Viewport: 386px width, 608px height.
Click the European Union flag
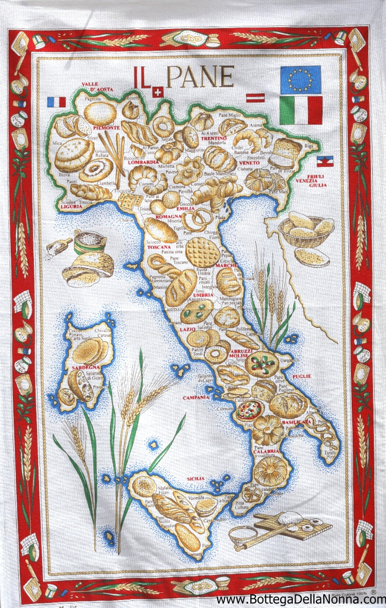click(300, 79)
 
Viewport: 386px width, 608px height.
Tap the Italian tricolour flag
click(301, 110)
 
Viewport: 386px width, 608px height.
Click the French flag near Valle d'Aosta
click(56, 102)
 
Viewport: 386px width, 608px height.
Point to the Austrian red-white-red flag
click(255, 98)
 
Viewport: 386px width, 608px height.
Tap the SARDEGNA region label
click(85, 367)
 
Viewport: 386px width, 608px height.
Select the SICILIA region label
click(196, 478)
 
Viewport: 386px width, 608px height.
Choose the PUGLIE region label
click(302, 376)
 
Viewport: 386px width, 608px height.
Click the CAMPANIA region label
click(197, 397)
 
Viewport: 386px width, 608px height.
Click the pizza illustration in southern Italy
click(249, 410)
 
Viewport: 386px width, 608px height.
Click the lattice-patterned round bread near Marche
click(202, 252)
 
